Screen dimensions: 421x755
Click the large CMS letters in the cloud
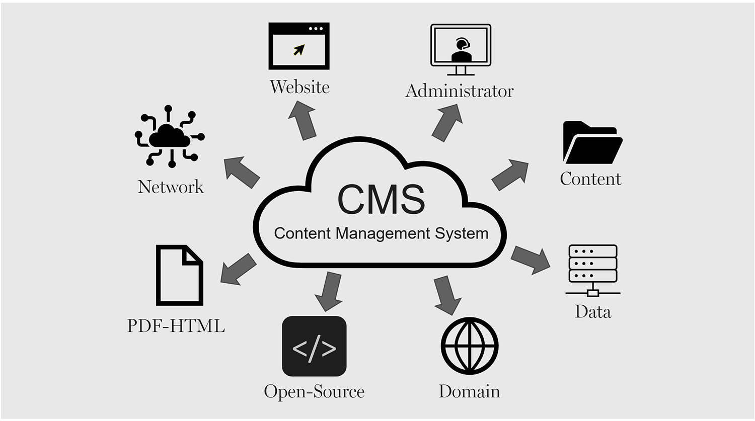pyautogui.click(x=381, y=200)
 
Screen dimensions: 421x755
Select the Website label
pyautogui.click(x=299, y=87)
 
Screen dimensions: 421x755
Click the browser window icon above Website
pyautogui.click(x=299, y=46)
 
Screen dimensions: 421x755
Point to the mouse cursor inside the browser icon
pyautogui.click(x=299, y=50)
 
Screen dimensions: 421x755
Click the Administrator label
pyautogui.click(x=459, y=91)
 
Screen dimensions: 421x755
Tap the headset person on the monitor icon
pyautogui.click(x=462, y=50)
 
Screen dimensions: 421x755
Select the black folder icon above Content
pyautogui.click(x=592, y=143)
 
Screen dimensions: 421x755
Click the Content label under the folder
pyautogui.click(x=590, y=179)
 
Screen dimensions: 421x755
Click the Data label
pyautogui.click(x=593, y=312)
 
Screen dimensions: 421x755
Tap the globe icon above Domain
pyautogui.click(x=469, y=346)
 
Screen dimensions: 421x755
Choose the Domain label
pyautogui.click(x=469, y=391)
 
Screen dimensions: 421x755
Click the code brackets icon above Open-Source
pyautogui.click(x=314, y=346)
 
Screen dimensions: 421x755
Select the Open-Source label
pyautogui.click(x=314, y=391)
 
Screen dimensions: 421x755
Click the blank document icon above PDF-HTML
pyautogui.click(x=179, y=275)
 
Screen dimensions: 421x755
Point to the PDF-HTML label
pyautogui.click(x=176, y=326)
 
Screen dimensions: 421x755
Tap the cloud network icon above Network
pyautogui.click(x=170, y=136)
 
